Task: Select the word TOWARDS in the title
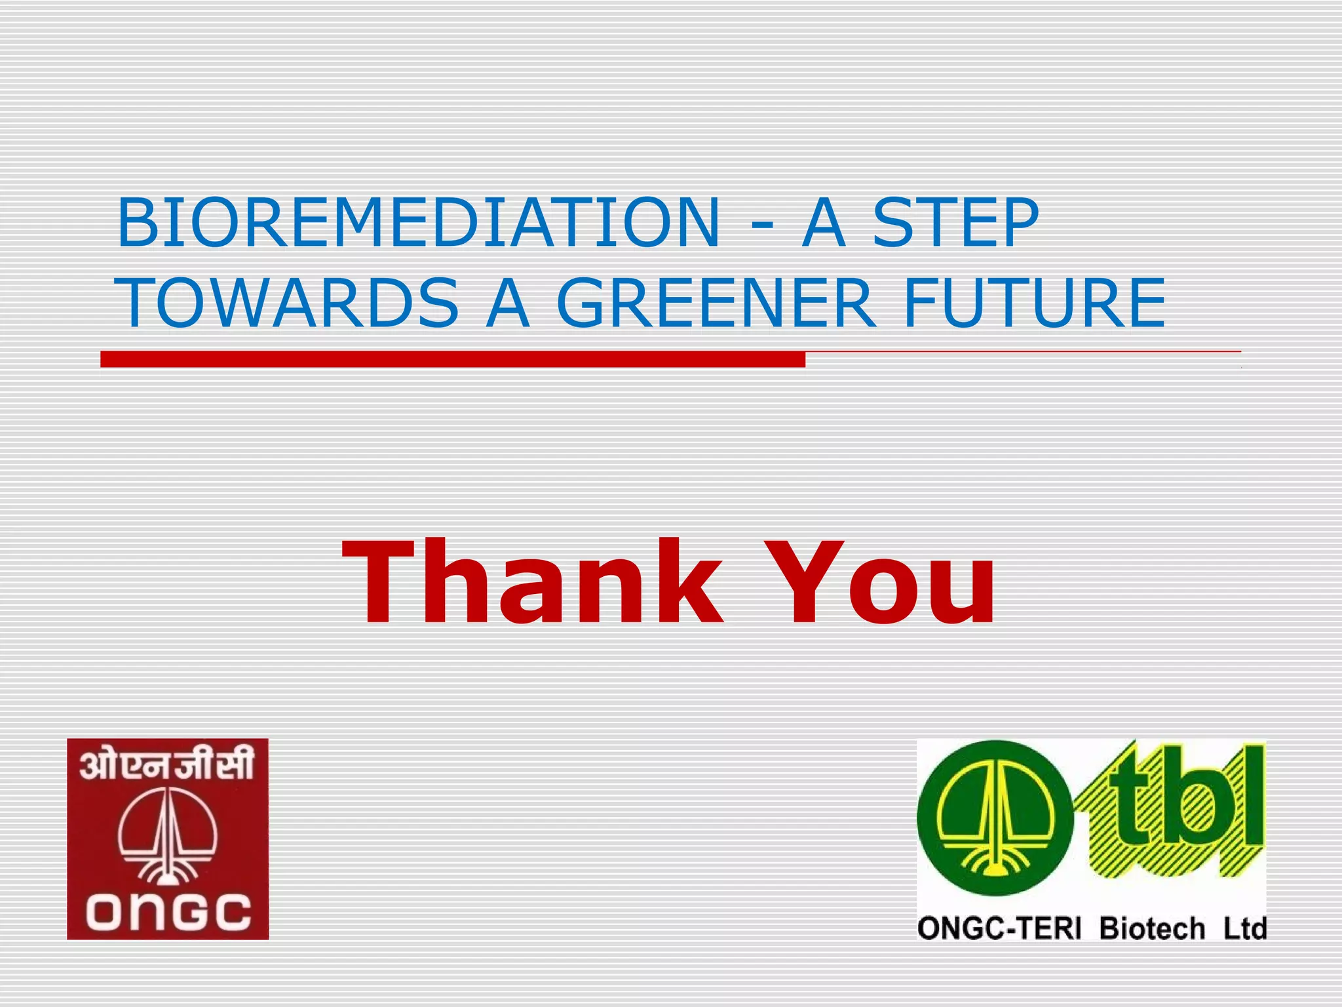click(x=288, y=303)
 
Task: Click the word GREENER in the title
click(x=716, y=303)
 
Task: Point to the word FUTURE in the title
click(x=1034, y=303)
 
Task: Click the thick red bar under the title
click(x=452, y=359)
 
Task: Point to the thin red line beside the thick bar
click(x=1022, y=352)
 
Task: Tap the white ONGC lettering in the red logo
click(x=168, y=911)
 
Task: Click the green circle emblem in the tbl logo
click(x=995, y=818)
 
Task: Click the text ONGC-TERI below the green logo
click(x=999, y=929)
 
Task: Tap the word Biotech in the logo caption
click(x=1152, y=929)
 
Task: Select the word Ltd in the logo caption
click(x=1244, y=929)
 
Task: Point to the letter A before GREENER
click(x=507, y=303)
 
